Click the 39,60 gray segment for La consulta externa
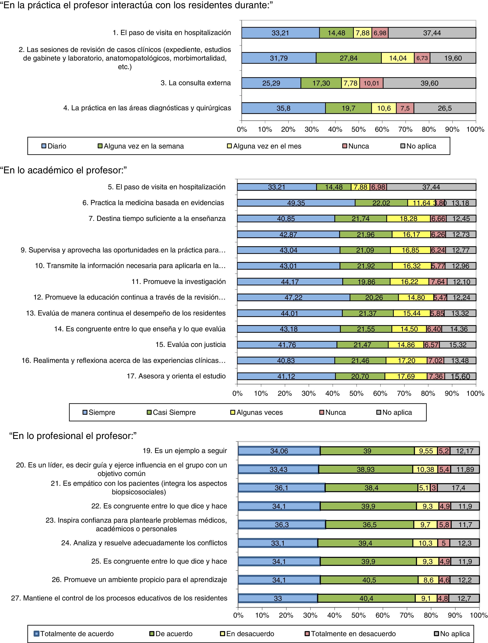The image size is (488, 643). (x=429, y=83)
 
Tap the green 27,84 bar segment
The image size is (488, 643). (x=349, y=58)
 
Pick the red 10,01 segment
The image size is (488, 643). (x=371, y=83)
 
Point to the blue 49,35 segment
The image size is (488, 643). (x=296, y=203)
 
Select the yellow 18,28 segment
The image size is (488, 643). (x=408, y=218)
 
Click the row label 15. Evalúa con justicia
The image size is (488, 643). (x=190, y=345)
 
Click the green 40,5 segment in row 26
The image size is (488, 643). (x=369, y=580)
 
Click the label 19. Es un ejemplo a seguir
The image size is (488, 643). (x=185, y=451)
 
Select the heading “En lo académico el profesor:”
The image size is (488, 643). (x=64, y=170)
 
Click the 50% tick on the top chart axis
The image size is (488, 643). (x=359, y=129)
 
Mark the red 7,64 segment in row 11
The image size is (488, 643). (x=438, y=282)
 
